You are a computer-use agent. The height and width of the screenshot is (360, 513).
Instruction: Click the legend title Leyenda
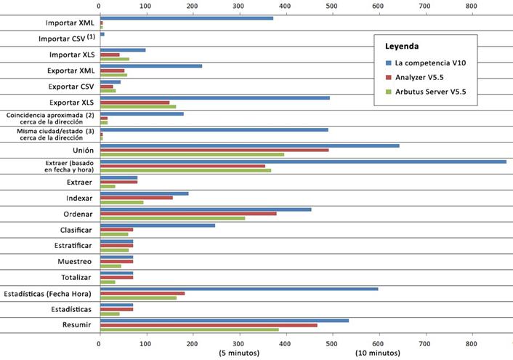(x=401, y=46)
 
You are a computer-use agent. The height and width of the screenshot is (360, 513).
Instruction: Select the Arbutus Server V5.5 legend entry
(x=435, y=92)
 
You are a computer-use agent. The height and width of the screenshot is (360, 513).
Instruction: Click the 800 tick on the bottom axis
(x=472, y=342)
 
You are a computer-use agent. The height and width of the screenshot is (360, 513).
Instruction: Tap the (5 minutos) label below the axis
(x=238, y=353)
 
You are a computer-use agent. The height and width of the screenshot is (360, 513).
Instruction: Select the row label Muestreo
(x=75, y=261)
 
